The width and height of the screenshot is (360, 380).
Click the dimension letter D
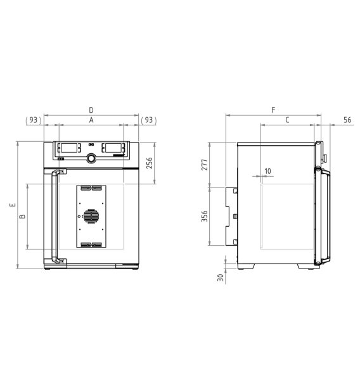tap(91, 110)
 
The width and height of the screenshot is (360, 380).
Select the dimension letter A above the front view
tap(91, 120)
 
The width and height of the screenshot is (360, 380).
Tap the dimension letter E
tap(13, 205)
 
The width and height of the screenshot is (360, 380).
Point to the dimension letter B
tap(22, 216)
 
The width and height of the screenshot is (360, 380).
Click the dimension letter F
tap(273, 110)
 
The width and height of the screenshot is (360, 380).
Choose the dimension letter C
tap(287, 120)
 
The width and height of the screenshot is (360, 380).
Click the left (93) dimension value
tap(34, 120)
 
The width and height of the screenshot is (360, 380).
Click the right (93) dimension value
tap(149, 120)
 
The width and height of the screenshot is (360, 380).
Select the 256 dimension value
tap(150, 163)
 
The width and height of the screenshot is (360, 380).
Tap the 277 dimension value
tap(205, 165)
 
